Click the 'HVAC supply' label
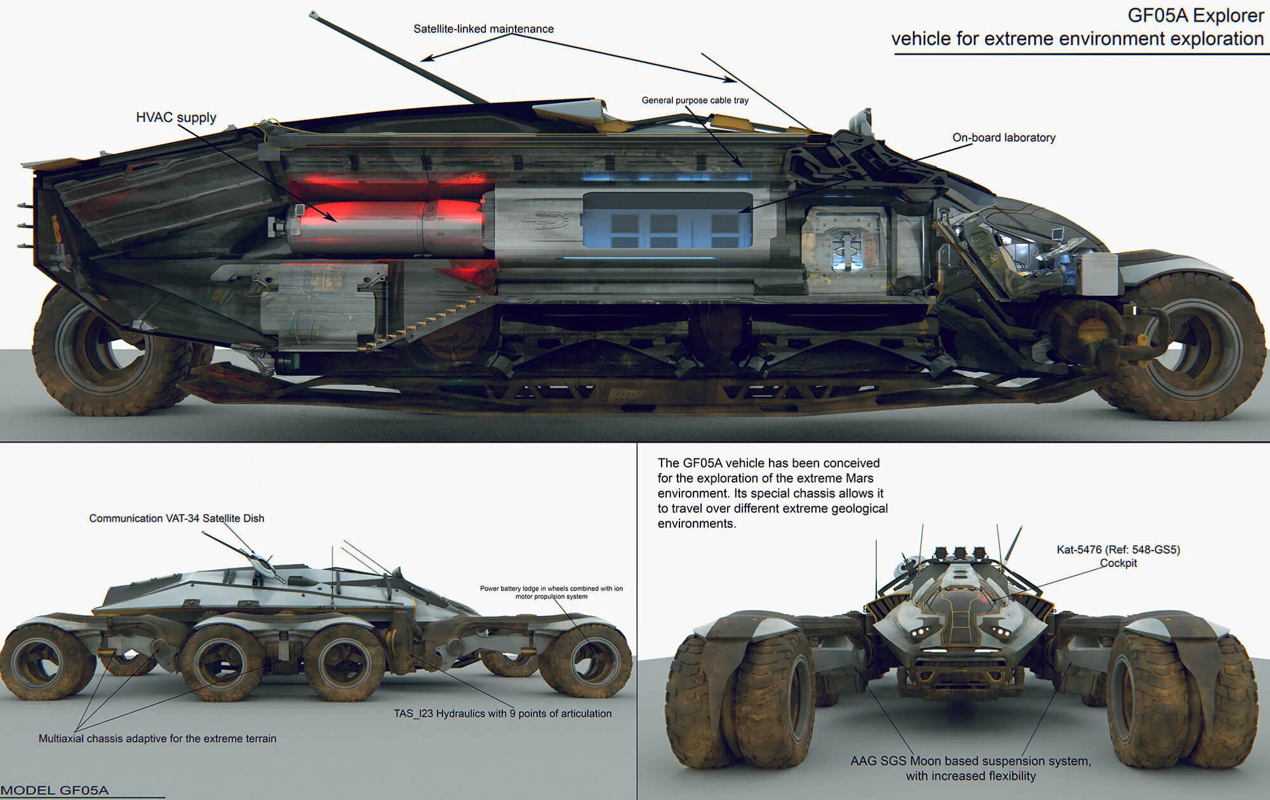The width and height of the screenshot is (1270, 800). pyautogui.click(x=176, y=117)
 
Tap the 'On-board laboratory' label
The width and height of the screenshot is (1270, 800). pyautogui.click(x=1003, y=138)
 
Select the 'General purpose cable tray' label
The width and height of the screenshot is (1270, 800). pyautogui.click(x=695, y=100)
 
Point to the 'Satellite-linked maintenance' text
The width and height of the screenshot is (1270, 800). pyautogui.click(x=483, y=29)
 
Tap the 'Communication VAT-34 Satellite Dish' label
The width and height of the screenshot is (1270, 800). pyautogui.click(x=177, y=518)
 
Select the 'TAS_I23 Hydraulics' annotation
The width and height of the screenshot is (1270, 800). pyautogui.click(x=502, y=714)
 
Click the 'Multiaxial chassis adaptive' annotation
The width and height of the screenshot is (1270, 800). pyautogui.click(x=157, y=738)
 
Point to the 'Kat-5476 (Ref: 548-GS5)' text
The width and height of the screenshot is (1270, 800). pyautogui.click(x=1118, y=550)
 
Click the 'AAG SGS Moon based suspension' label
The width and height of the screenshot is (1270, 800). pyautogui.click(x=970, y=761)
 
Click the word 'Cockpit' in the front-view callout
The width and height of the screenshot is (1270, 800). pyautogui.click(x=1118, y=563)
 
